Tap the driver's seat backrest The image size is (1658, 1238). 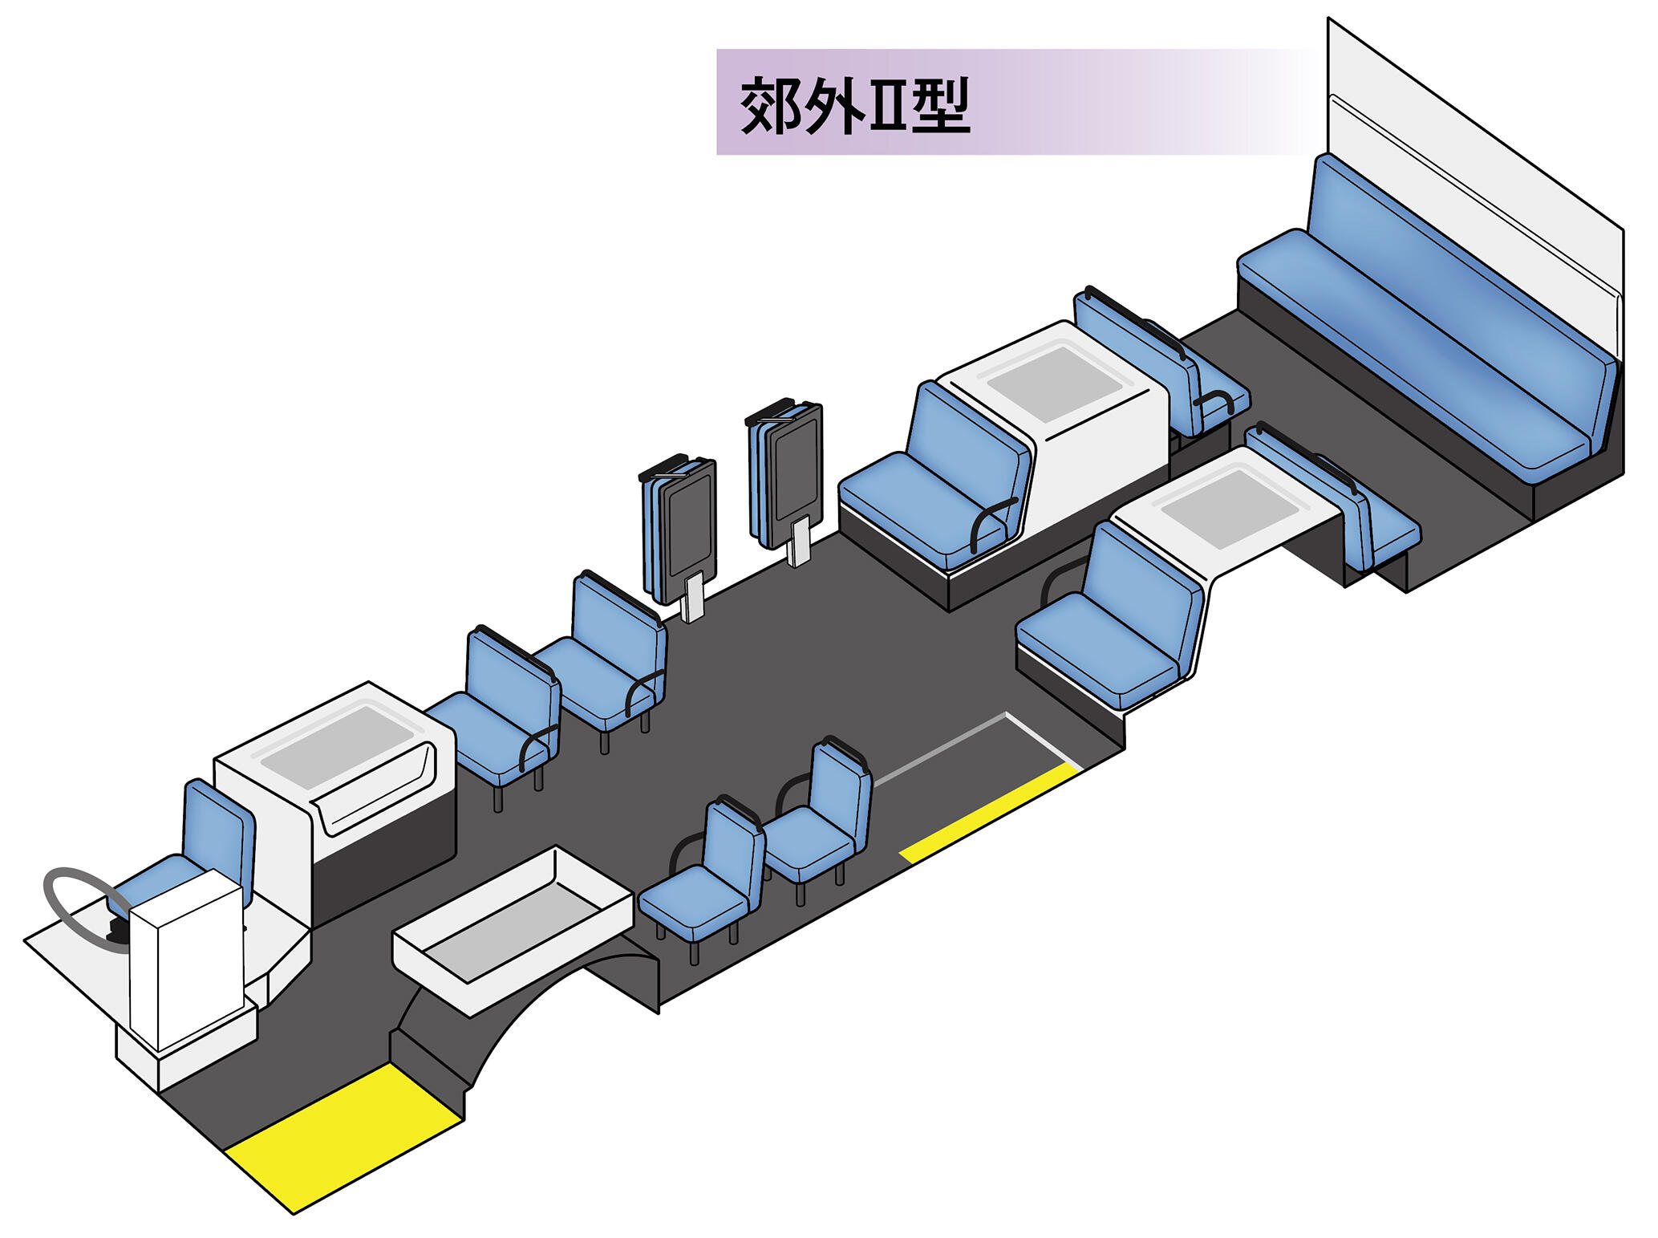(219, 826)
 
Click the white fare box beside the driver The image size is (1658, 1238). (186, 960)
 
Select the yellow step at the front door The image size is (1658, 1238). (343, 1138)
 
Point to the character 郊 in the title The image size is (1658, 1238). (771, 105)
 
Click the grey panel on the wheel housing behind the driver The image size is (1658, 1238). (337, 746)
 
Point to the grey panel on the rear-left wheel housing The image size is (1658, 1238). (1056, 384)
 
